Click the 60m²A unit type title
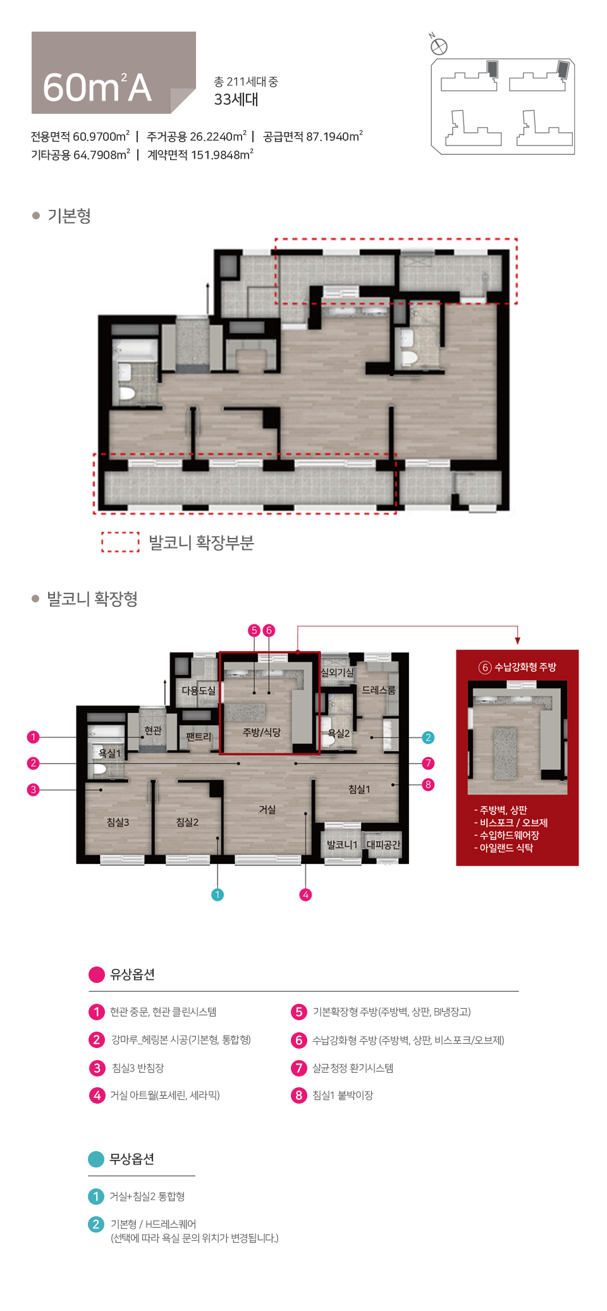tap(97, 87)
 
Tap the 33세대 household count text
tap(236, 99)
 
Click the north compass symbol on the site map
tap(439, 46)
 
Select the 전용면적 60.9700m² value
tap(80, 137)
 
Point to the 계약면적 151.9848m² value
tap(200, 155)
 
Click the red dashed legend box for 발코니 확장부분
tap(120, 542)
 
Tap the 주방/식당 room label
tap(261, 732)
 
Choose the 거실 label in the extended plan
tap(267, 809)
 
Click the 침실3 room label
tap(118, 822)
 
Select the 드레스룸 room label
tap(378, 690)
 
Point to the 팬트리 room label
tap(199, 736)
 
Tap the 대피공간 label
tap(383, 845)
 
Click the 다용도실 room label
tap(199, 690)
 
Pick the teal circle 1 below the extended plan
tap(218, 894)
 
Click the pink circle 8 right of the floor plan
tap(428, 784)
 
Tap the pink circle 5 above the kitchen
tap(254, 630)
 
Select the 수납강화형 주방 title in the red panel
tap(518, 667)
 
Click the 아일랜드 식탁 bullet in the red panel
tap(505, 848)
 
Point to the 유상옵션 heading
tap(132, 974)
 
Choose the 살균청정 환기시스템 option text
tap(353, 1068)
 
